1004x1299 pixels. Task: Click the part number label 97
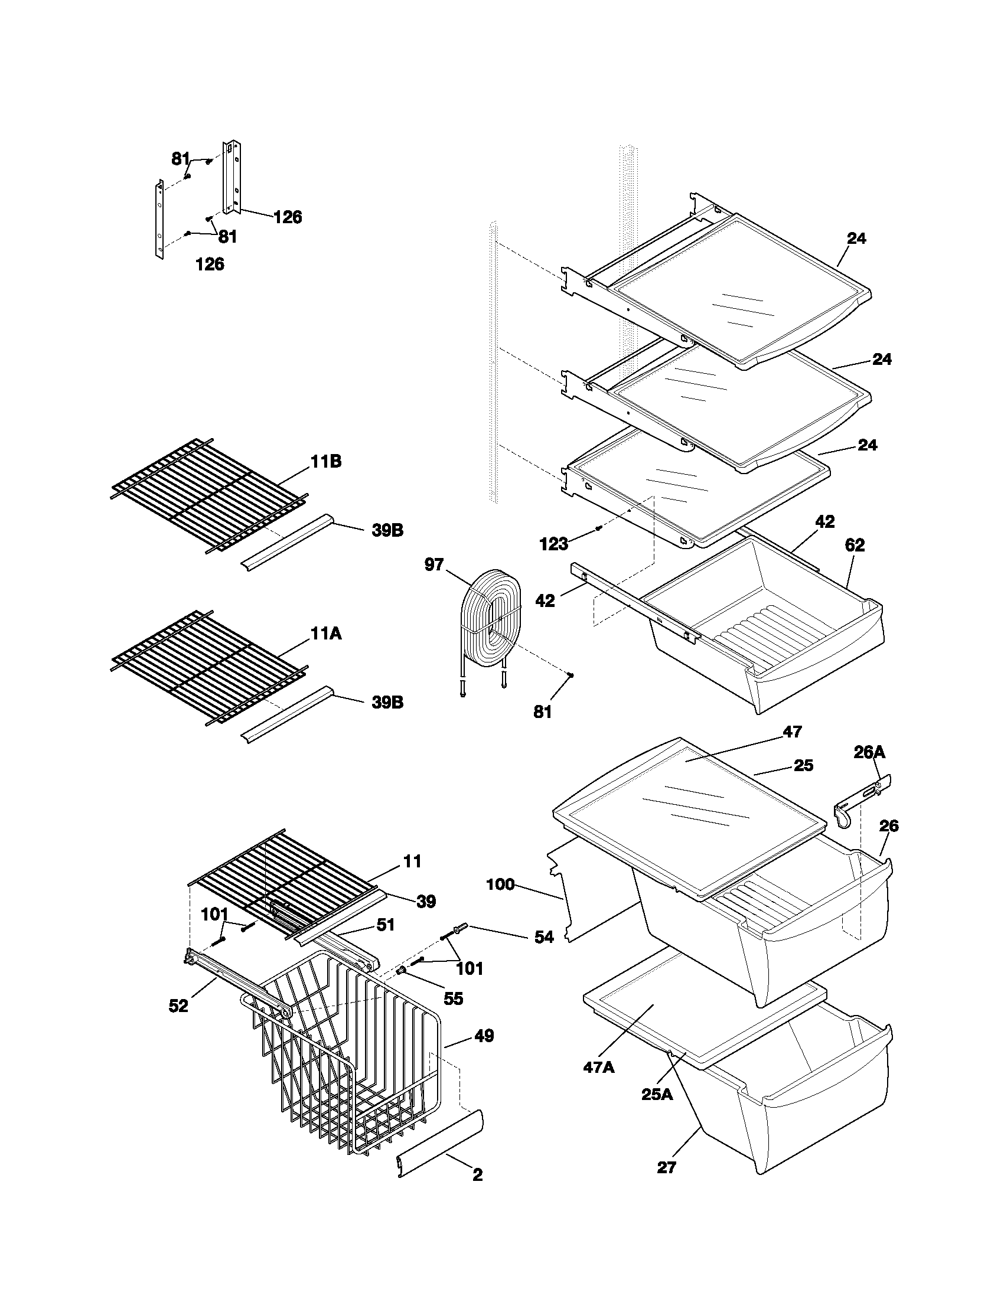[x=433, y=564]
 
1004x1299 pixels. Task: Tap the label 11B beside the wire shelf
[x=325, y=462]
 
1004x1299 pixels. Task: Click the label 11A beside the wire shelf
[x=325, y=634]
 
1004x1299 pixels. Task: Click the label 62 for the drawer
[x=855, y=545]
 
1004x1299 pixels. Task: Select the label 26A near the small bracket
[x=869, y=752]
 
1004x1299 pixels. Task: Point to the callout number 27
[x=667, y=1167]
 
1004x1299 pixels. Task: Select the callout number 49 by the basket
[x=484, y=1036]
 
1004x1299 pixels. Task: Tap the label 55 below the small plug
[x=453, y=998]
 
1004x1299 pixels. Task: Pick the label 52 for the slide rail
[x=178, y=1006]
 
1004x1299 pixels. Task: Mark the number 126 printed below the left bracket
[x=210, y=264]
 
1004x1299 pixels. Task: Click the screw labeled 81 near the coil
[x=571, y=674]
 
